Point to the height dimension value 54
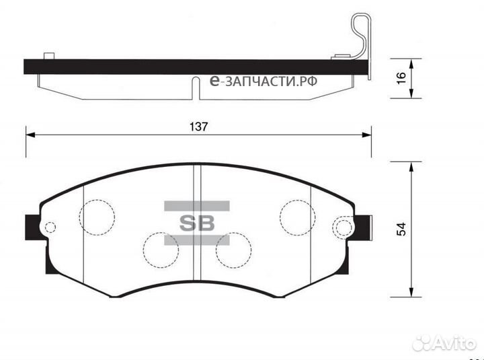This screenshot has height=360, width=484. point(401,229)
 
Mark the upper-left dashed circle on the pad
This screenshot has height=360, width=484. point(97,216)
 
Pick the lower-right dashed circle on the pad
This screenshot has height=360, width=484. point(233,250)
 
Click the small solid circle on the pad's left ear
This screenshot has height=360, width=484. point(48,227)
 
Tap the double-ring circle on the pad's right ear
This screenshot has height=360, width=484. point(344,227)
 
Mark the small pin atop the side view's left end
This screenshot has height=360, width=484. point(48,56)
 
